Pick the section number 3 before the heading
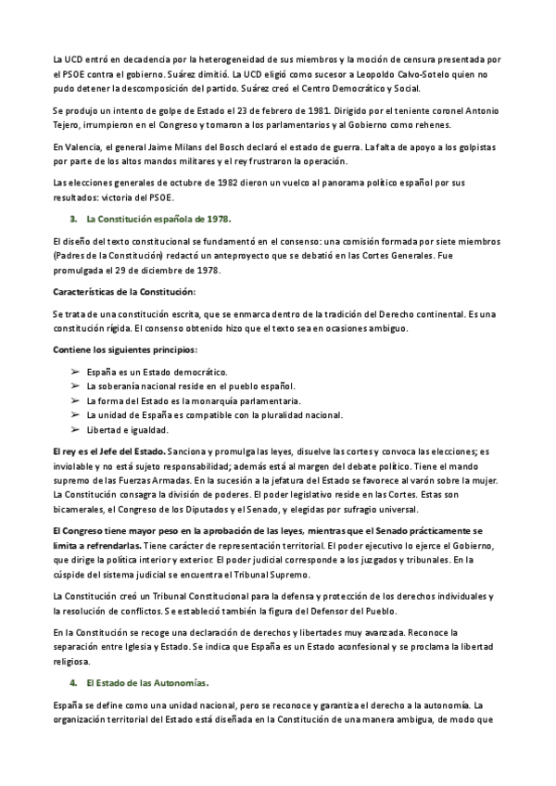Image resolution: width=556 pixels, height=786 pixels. pyautogui.click(x=72, y=219)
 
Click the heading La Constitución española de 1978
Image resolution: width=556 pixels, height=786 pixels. pyautogui.click(x=158, y=219)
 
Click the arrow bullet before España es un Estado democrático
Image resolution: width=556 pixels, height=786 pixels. pyautogui.click(x=75, y=371)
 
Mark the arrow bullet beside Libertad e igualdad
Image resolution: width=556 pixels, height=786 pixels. pyautogui.click(x=75, y=430)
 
